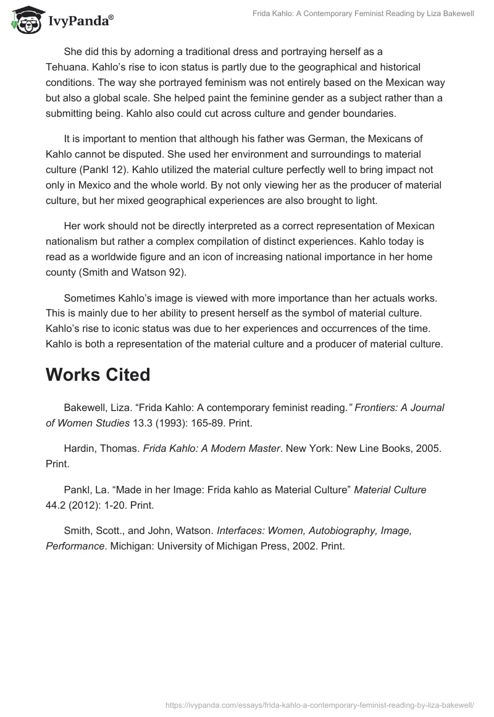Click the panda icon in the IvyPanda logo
[x=23, y=21]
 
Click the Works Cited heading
[x=98, y=375]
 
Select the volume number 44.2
[x=56, y=505]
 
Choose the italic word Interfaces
[x=241, y=531]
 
